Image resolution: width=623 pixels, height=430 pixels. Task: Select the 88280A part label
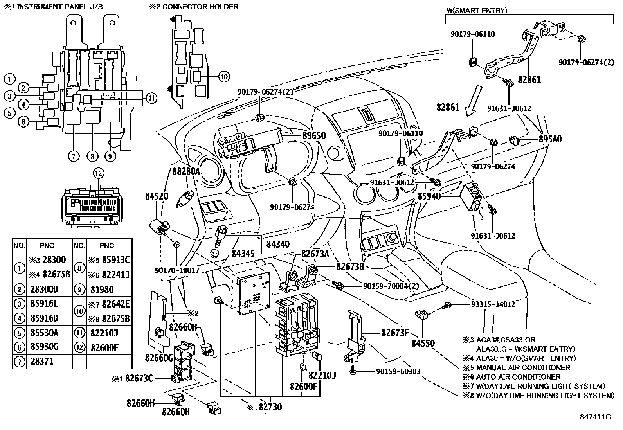coord(186,171)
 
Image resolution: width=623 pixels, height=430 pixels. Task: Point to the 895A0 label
coord(550,139)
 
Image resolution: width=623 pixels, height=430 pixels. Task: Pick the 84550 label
coord(423,344)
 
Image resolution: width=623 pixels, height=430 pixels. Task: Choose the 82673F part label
coord(395,333)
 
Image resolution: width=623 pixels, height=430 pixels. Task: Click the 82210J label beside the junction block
coord(322,375)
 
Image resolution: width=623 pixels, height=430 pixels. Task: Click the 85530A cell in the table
coord(44,333)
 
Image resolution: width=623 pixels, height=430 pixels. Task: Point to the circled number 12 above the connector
coord(98,173)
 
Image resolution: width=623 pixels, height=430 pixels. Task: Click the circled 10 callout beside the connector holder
coord(224,77)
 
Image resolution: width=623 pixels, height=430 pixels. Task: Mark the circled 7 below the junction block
coord(73,156)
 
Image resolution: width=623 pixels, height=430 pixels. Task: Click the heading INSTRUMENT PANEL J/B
coord(56,7)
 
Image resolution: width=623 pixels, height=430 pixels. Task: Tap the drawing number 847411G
coord(595,417)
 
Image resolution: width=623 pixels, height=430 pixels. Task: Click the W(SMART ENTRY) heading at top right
coord(477,11)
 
